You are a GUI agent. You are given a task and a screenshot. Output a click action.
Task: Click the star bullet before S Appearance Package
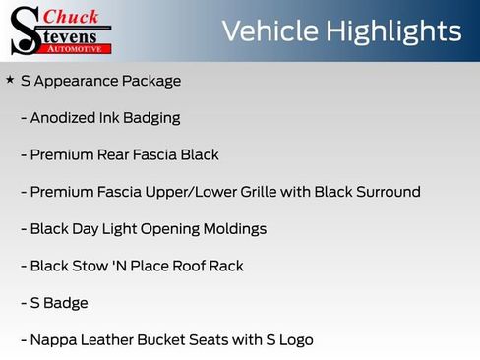(x=10, y=79)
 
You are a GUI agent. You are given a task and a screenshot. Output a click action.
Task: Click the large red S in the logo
(x=24, y=30)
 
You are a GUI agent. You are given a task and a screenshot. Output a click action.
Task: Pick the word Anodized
(x=63, y=118)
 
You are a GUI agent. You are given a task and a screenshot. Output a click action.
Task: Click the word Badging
(x=152, y=118)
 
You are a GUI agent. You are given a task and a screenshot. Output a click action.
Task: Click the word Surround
(x=386, y=192)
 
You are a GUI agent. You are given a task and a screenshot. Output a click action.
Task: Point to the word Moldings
(x=232, y=229)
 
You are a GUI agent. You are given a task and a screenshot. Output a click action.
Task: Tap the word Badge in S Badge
(x=66, y=303)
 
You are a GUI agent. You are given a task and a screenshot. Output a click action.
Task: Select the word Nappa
(x=53, y=340)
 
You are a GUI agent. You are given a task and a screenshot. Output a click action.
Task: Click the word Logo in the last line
(x=294, y=340)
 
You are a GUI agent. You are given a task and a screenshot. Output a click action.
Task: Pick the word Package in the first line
(x=150, y=81)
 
